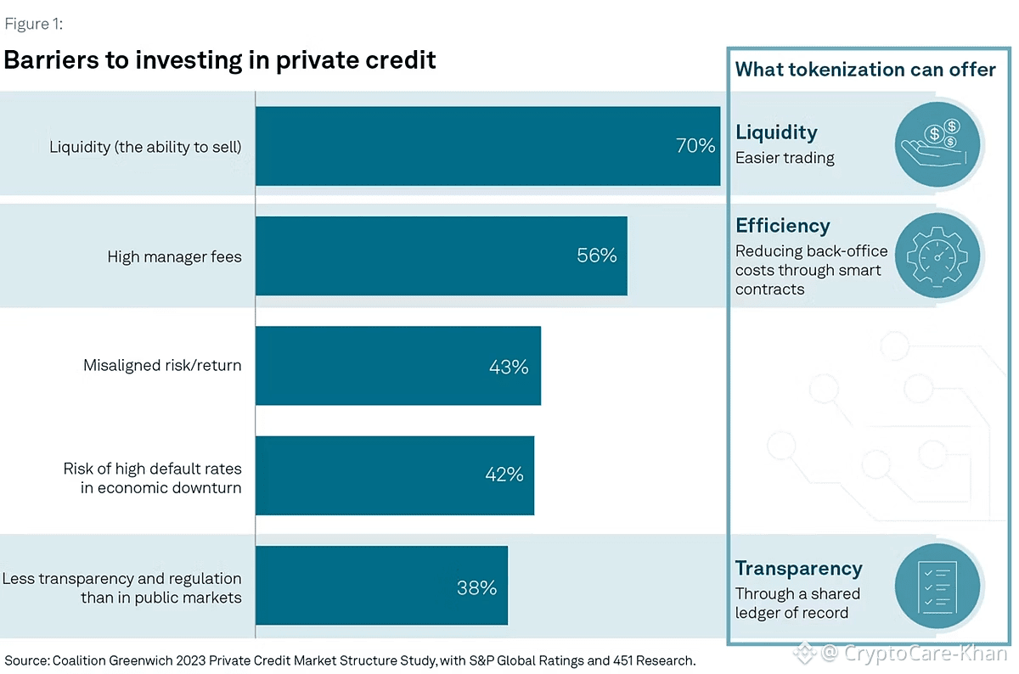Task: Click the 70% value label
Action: (x=695, y=146)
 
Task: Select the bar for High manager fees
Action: (x=441, y=256)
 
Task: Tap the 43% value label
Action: (x=509, y=367)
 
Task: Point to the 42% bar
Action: (x=394, y=475)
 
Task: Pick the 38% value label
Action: (x=476, y=587)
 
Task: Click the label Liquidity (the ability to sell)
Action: (x=145, y=147)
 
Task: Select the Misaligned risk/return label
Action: (x=162, y=366)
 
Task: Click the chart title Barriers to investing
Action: (x=220, y=60)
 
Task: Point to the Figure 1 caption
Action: (x=33, y=24)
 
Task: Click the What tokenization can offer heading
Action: (x=865, y=70)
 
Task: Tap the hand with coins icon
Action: (x=937, y=143)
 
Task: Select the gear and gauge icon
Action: (x=937, y=256)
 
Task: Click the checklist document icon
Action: (x=937, y=586)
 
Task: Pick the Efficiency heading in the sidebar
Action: (x=782, y=226)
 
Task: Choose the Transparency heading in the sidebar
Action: (x=798, y=569)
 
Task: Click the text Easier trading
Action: (x=785, y=158)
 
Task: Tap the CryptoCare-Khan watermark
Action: (x=903, y=654)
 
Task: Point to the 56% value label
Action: (x=597, y=256)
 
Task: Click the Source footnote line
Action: (x=350, y=660)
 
